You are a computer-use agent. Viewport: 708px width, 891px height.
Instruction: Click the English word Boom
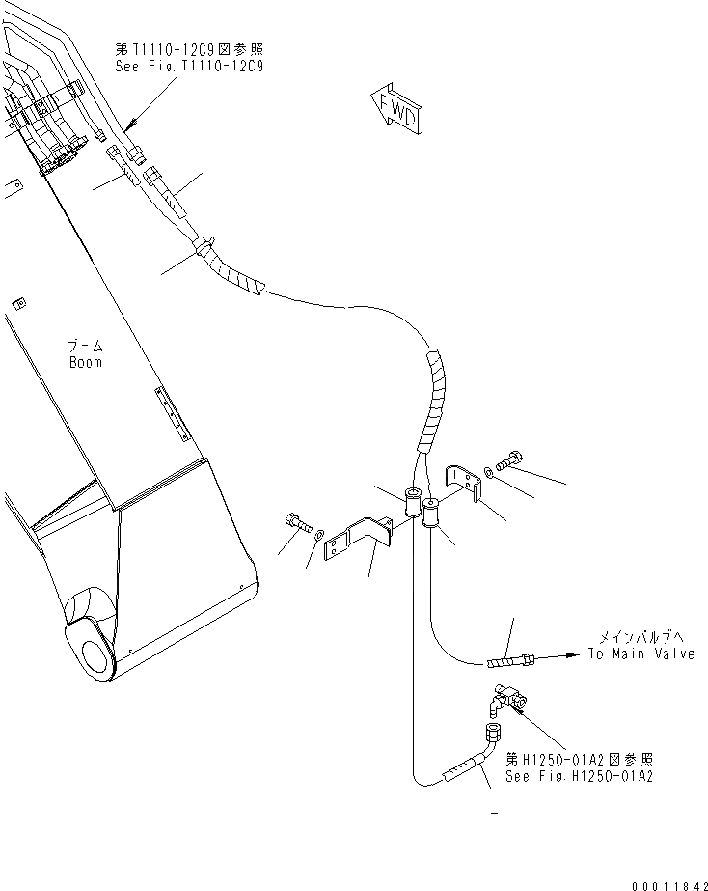[85, 362]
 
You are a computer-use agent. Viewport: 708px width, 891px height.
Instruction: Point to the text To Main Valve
[641, 654]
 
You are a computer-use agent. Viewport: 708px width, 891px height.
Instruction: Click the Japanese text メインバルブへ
[641, 637]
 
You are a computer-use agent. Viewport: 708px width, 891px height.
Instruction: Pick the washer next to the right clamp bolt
[492, 470]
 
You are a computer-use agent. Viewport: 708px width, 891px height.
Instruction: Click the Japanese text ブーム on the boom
[85, 346]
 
